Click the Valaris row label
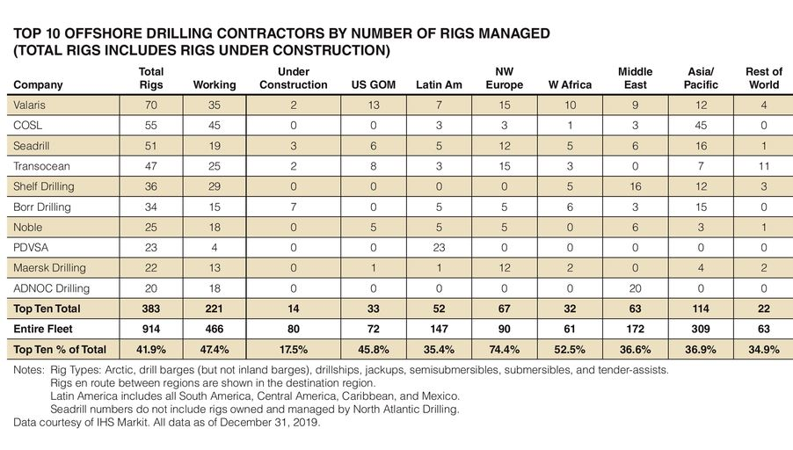[32, 105]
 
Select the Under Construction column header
[293, 78]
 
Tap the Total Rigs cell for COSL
[151, 126]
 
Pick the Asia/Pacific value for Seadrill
[700, 147]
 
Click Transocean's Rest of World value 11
[763, 167]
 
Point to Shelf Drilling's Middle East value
[635, 186]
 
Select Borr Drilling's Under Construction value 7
[293, 207]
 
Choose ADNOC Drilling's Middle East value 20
[635, 288]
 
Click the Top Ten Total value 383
[151, 309]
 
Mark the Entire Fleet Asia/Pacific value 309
[700, 329]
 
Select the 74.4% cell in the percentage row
[504, 349]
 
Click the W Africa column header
[570, 85]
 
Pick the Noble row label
[29, 228]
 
